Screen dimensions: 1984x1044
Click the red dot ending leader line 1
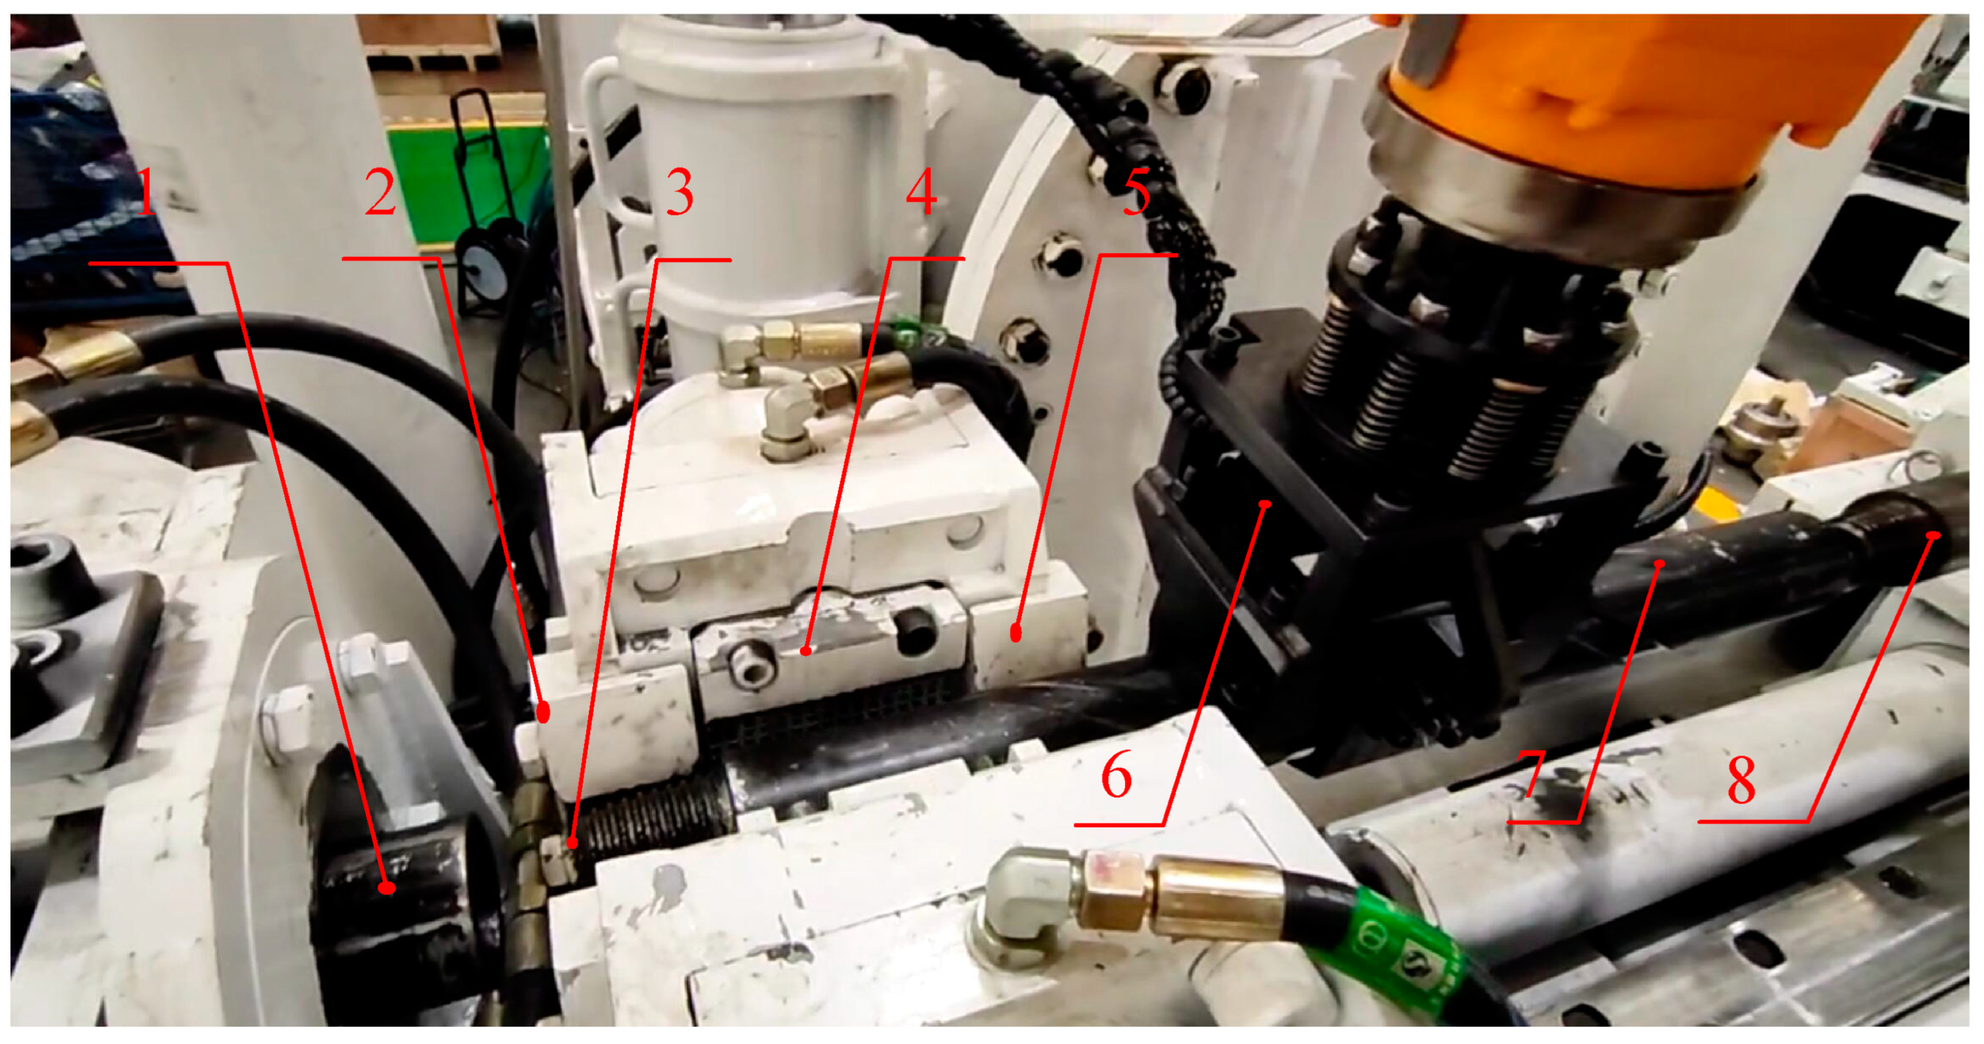(x=387, y=888)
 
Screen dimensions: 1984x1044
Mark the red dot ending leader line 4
(x=805, y=651)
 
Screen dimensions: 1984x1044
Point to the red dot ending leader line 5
(x=1016, y=633)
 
